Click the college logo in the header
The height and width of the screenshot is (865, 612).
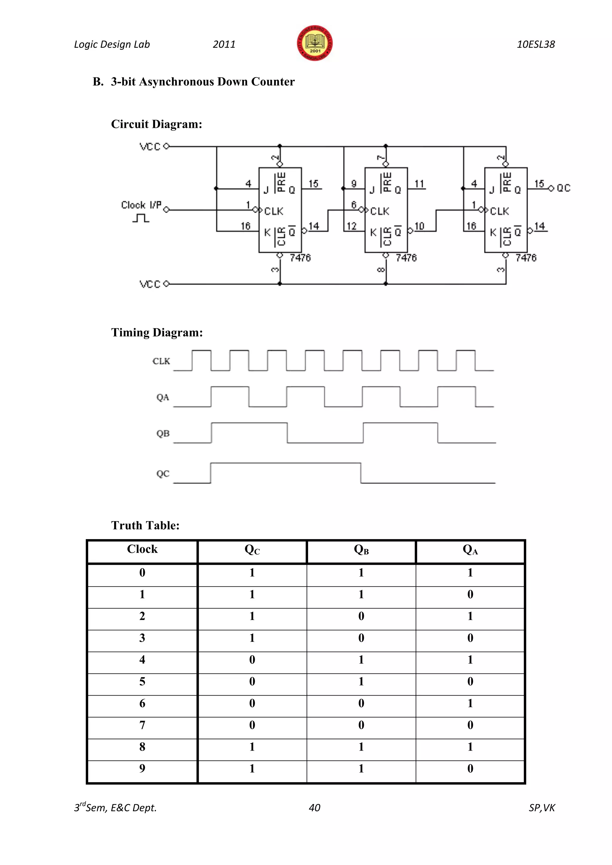tap(315, 43)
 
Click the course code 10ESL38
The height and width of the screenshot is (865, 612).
tap(535, 45)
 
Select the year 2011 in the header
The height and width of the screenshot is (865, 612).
tap(224, 45)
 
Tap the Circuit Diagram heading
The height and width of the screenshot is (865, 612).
tap(156, 124)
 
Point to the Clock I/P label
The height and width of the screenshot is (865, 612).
tap(141, 205)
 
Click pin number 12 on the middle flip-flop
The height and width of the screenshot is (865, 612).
tap(351, 226)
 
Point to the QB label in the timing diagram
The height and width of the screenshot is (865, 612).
tap(163, 434)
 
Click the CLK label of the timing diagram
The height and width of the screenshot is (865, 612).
tap(161, 361)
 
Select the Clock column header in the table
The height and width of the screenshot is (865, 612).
tap(142, 549)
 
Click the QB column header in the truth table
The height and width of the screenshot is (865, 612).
tap(361, 550)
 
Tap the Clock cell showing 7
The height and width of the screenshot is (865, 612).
tap(142, 725)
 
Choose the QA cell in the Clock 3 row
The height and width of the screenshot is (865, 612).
tap(470, 638)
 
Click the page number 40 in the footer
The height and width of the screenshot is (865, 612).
tap(314, 808)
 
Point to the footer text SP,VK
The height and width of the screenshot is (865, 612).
tap(541, 808)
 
